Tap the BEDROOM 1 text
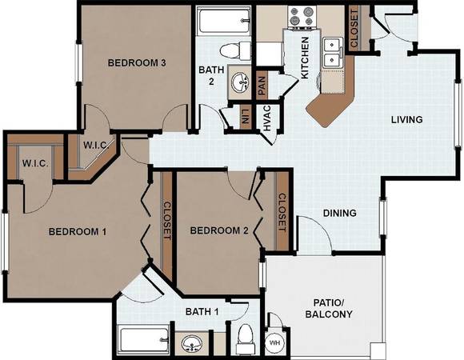point(78,232)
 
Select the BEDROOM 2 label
point(219,231)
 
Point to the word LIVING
point(406,120)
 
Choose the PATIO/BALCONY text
point(326,307)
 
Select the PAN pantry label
point(262,82)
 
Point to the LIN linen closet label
point(245,116)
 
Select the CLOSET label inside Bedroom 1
point(166,221)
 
